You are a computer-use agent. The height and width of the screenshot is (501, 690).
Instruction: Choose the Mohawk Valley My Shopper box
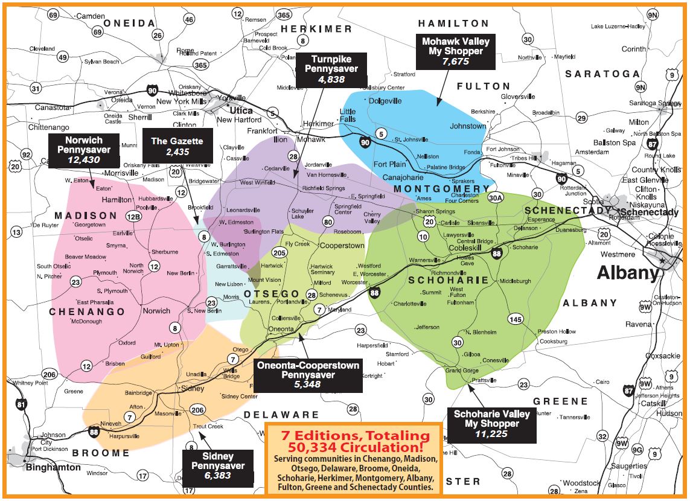point(455,51)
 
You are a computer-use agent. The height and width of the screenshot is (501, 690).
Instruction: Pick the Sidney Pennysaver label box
point(218,466)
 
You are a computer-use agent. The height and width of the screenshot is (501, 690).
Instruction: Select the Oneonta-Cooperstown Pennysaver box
point(307,375)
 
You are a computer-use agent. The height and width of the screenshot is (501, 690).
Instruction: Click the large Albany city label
point(627,273)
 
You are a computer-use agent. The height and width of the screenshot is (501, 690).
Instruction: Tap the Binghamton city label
point(53,467)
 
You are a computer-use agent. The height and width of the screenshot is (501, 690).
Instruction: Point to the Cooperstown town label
point(342,246)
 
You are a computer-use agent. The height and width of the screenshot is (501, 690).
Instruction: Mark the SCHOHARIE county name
point(448,280)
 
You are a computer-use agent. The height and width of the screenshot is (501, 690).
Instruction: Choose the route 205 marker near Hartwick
point(279,253)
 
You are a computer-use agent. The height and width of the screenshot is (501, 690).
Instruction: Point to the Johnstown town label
point(468,126)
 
